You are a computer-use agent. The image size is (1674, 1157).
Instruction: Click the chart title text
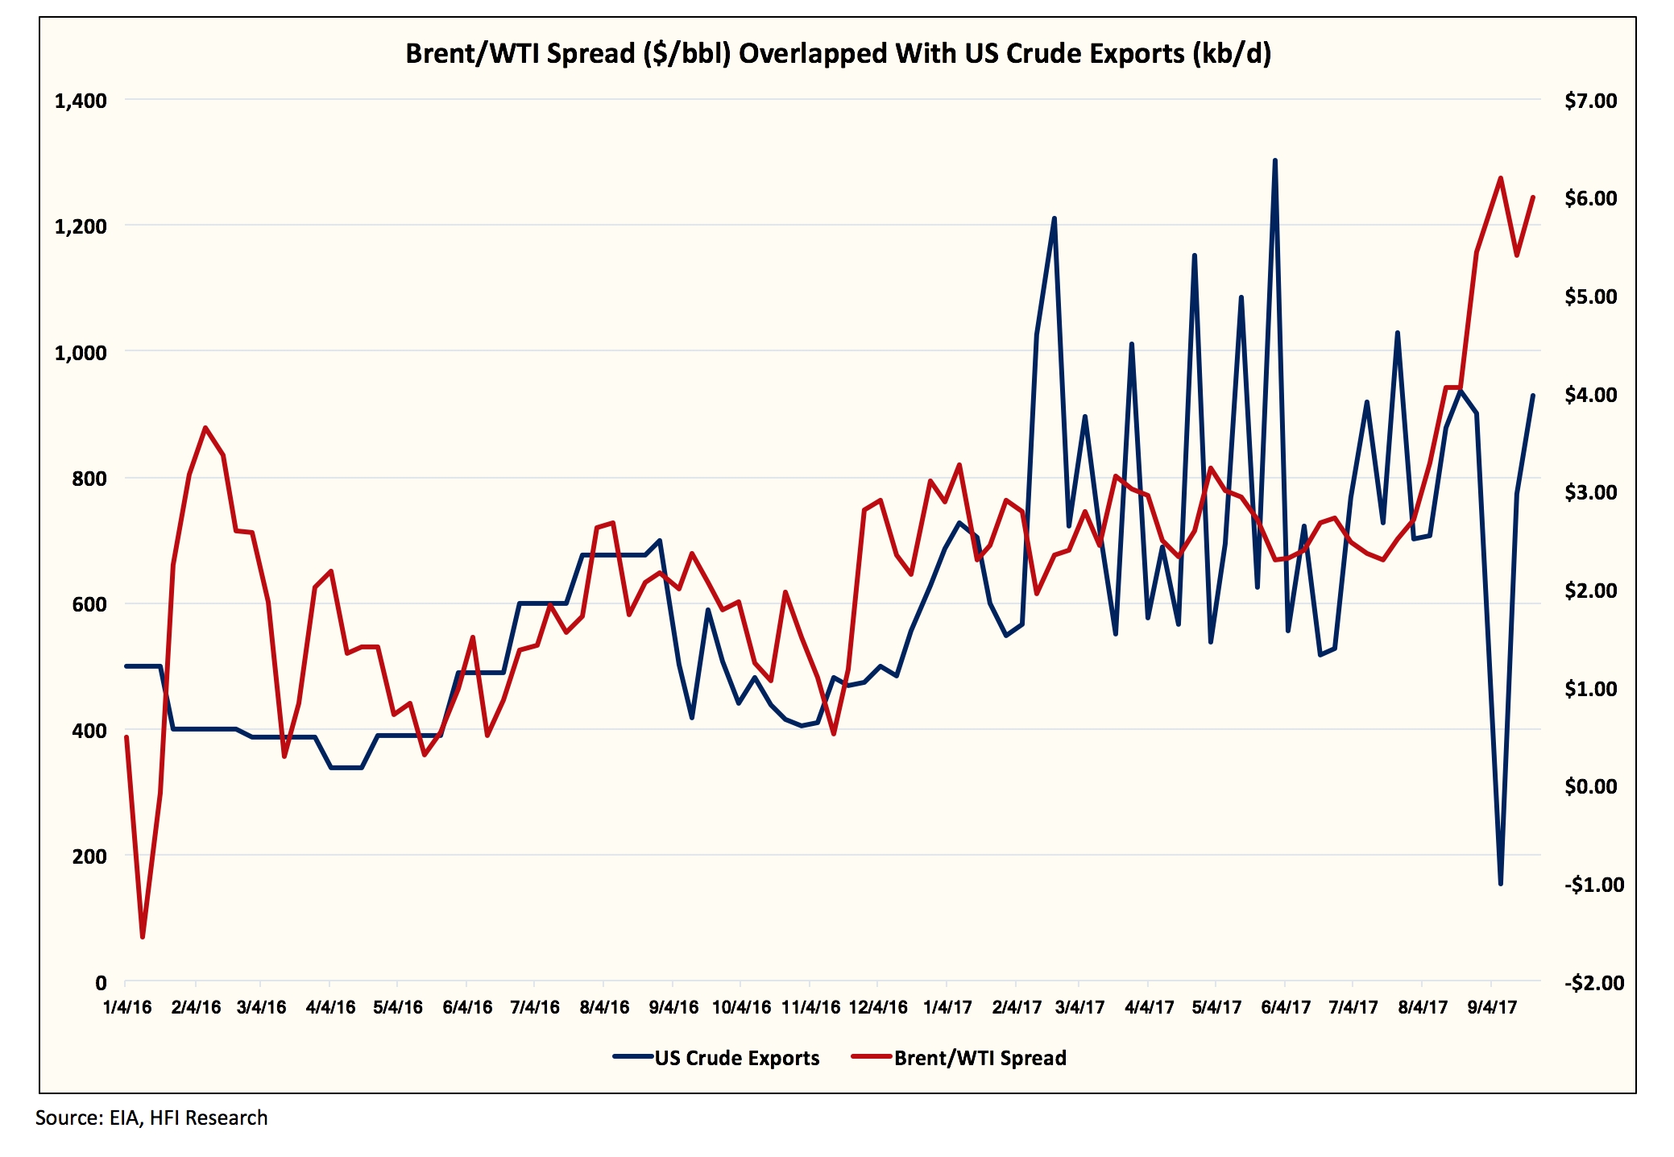838,53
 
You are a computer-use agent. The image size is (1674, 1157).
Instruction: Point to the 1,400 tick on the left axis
81,101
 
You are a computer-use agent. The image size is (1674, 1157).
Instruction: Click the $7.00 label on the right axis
1590,101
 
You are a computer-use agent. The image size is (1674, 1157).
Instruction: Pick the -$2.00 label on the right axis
1593,983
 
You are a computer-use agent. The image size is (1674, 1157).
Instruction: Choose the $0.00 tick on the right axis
1590,786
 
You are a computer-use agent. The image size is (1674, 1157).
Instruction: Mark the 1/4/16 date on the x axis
127,1007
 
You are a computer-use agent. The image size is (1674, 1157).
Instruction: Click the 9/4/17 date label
1492,1007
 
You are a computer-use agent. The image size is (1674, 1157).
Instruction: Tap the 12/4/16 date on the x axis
878,1007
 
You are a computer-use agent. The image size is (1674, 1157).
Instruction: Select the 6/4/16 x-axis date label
467,1007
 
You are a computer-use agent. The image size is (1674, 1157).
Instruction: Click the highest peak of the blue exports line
1274,160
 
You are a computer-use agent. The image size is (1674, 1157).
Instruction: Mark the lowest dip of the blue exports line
1500,884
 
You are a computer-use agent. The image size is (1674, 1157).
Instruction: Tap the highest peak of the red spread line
1500,178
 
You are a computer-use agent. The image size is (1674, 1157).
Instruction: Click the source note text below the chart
151,1118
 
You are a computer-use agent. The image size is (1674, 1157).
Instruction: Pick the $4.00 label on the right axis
1590,395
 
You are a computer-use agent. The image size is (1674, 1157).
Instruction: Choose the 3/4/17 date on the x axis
1079,1007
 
